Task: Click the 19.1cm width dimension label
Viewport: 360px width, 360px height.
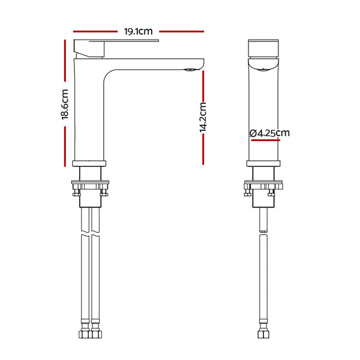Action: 138,31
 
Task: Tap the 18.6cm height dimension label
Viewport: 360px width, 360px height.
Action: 65,104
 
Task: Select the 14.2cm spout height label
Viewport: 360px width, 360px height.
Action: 203,118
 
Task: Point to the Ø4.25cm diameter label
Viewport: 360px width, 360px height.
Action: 269,133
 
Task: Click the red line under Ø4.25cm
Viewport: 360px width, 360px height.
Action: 266,140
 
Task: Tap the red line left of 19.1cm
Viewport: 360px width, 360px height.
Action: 95,31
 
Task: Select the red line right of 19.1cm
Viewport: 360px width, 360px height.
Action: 181,31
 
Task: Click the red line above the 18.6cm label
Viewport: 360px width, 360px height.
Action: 65,61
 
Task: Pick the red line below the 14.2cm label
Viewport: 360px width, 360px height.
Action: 203,149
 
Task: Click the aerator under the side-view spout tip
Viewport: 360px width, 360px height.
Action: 190,70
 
